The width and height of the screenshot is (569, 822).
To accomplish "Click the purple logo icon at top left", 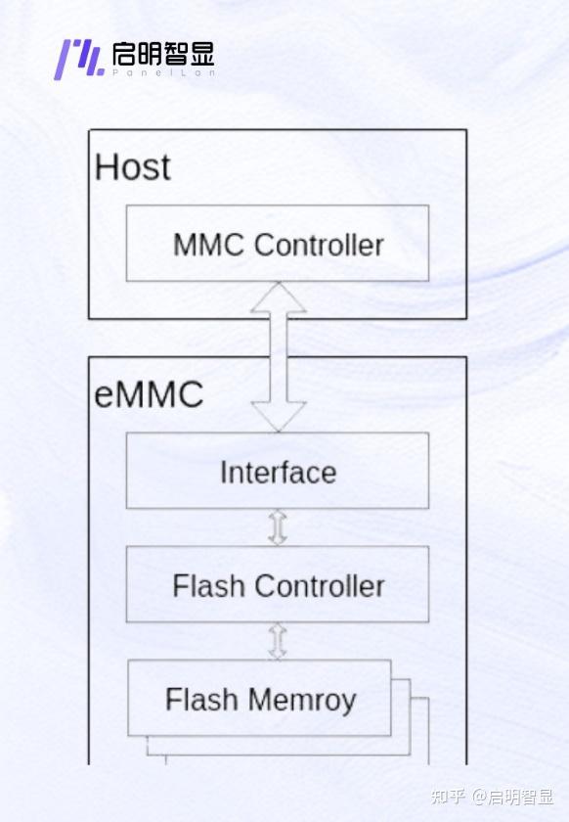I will tap(79, 59).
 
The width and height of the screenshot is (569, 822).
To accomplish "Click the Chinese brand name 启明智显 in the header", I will tap(163, 53).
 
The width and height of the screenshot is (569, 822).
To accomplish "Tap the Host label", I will tap(132, 167).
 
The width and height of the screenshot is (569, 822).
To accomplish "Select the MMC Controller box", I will tap(278, 244).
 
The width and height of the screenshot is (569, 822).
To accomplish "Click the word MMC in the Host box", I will tap(209, 245).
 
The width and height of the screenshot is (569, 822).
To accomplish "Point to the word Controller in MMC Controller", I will tap(319, 245).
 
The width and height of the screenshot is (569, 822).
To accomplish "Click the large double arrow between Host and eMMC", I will tap(279, 357).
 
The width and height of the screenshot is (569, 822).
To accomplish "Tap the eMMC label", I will tap(149, 395).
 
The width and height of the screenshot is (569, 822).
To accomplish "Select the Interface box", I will tap(278, 471).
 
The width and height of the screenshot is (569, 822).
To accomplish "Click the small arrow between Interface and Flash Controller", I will tap(278, 527).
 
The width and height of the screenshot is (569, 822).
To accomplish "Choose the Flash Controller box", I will tap(278, 585).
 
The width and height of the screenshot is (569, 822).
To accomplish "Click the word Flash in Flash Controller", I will tap(209, 586).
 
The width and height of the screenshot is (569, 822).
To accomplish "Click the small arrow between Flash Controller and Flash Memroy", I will tap(278, 641).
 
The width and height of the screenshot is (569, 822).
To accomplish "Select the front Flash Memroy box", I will tap(260, 699).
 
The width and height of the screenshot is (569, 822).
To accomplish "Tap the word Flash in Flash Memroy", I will tap(201, 700).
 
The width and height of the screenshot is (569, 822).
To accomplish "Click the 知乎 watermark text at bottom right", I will tap(448, 796).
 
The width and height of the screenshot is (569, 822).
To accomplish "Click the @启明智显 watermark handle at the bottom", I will tap(513, 796).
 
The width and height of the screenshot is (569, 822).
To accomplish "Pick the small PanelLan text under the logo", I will tap(162, 73).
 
